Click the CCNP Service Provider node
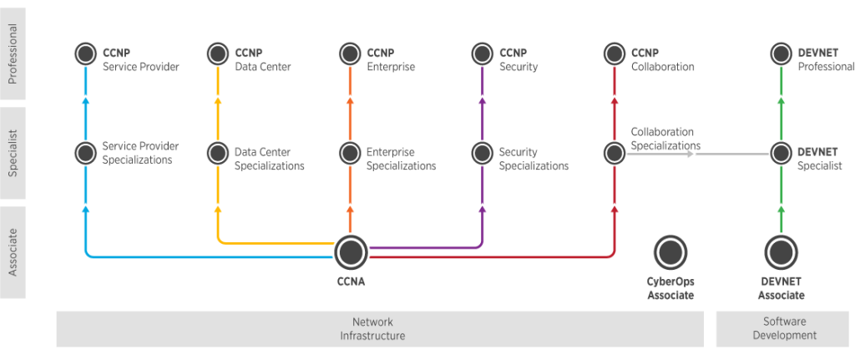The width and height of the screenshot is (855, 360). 85,54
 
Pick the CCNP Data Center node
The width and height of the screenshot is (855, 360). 217,54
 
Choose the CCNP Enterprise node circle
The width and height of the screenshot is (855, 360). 350,54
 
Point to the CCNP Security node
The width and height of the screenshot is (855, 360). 482,54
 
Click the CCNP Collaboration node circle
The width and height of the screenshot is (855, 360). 615,54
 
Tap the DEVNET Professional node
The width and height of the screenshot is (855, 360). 781,54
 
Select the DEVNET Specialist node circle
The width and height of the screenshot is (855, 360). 781,153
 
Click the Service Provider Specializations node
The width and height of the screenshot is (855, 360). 85,153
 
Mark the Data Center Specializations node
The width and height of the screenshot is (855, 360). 217,153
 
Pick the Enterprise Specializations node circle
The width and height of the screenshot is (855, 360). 350,153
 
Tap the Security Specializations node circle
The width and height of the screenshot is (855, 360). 482,153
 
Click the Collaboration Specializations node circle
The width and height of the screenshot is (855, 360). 615,153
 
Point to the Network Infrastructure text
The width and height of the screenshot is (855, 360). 372,328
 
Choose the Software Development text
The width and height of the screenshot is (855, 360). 784,328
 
